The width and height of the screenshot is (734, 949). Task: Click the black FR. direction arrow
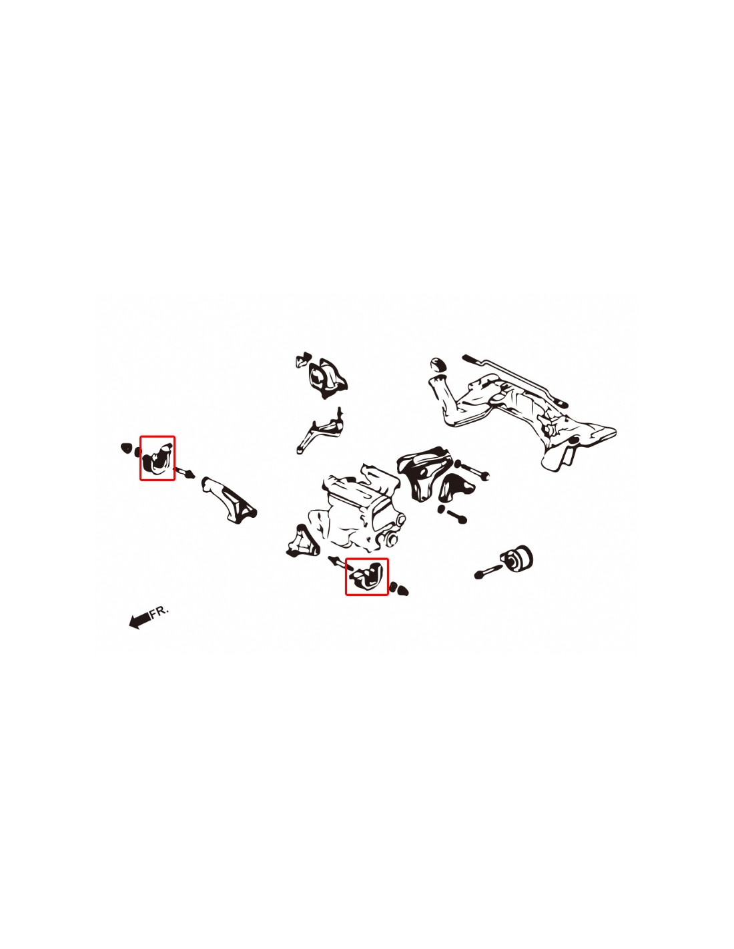[139, 619]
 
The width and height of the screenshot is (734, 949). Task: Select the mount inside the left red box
[157, 458]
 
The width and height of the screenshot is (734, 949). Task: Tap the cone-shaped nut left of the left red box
[125, 448]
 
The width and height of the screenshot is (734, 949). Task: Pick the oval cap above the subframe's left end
[437, 364]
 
